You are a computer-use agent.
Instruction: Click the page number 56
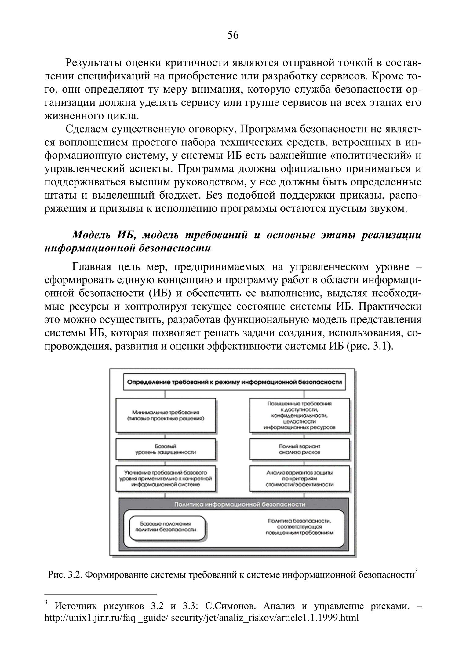point(233,35)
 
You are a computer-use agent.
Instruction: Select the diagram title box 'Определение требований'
point(234,382)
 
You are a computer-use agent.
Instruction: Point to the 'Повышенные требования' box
point(299,415)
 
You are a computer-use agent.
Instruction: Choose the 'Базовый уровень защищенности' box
point(166,449)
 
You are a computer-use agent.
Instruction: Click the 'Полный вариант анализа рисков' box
point(299,449)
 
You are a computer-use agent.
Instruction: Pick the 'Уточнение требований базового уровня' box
point(166,479)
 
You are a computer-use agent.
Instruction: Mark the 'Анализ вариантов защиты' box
point(299,479)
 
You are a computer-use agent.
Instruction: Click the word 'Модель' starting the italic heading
point(92,235)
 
